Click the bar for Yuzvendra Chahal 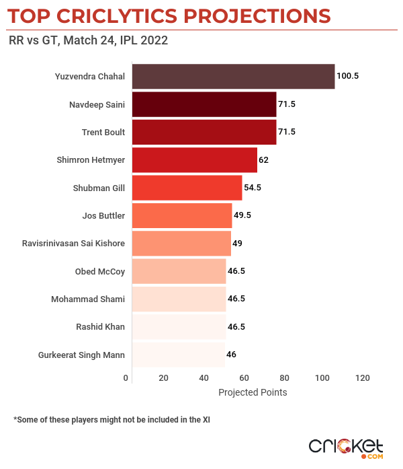pos(233,77)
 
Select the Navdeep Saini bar pos(204,104)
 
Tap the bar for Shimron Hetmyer pos(195,160)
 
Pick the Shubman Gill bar pos(187,188)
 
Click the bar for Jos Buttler pos(182,215)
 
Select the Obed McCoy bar pos(179,271)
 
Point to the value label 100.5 pos(347,77)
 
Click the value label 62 pos(264,160)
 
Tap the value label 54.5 pos(253,188)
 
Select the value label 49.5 pos(242,215)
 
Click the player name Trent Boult pos(103,133)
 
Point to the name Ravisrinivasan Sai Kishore pos(74,243)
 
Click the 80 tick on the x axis pos(285,377)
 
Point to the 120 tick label pos(363,377)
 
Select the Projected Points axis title pos(253,392)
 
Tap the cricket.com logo pos(345,447)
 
